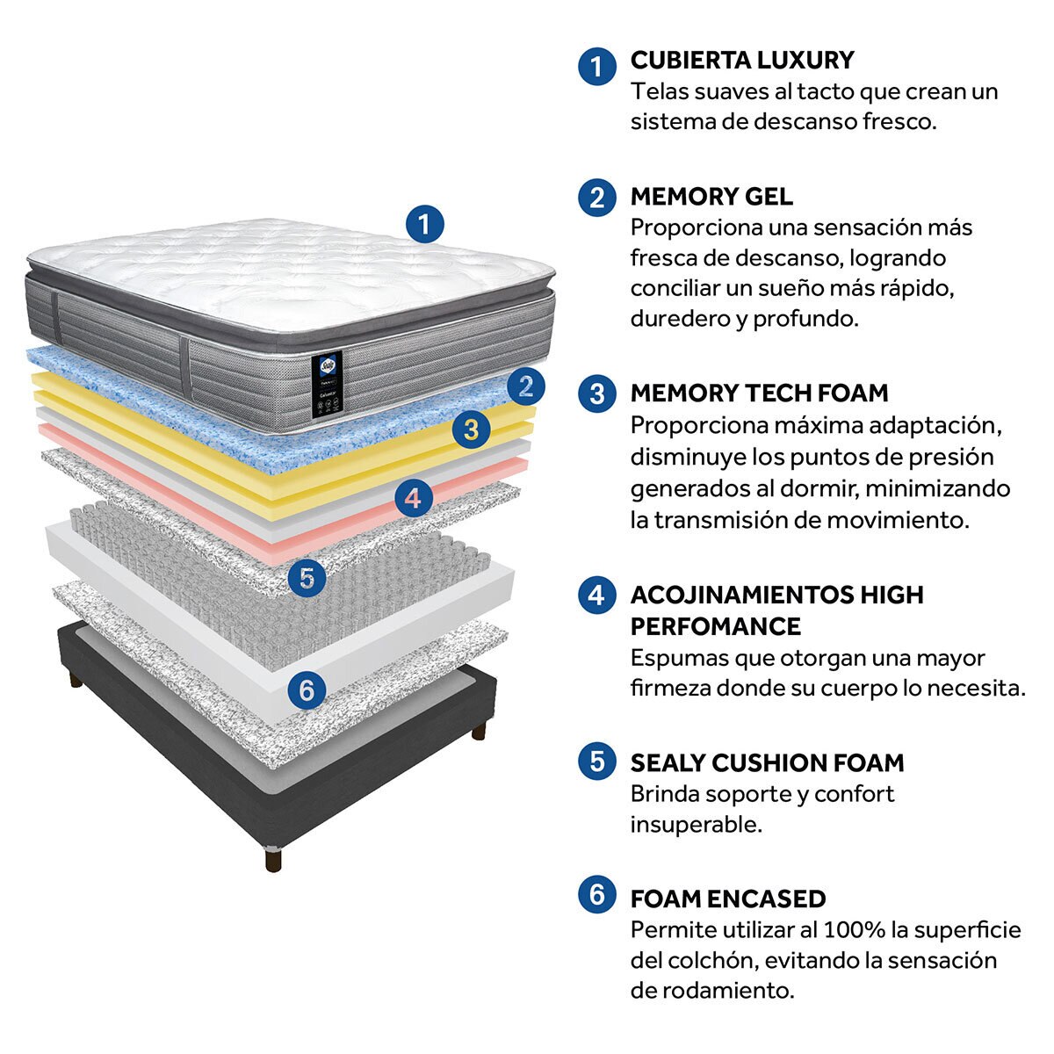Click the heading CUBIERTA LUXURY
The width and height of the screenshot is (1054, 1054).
(x=742, y=61)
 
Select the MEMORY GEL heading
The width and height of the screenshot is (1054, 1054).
(x=711, y=196)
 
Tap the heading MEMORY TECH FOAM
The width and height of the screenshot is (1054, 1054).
(x=759, y=393)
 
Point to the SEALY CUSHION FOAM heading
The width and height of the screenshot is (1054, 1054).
(x=767, y=762)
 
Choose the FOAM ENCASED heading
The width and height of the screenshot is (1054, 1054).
(x=728, y=899)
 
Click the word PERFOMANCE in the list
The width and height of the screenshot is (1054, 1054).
(x=716, y=626)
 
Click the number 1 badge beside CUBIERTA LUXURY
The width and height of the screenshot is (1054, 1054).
(x=597, y=65)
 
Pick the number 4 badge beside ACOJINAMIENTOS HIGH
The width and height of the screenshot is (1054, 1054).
(x=597, y=595)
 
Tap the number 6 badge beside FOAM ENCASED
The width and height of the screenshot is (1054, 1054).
(x=597, y=896)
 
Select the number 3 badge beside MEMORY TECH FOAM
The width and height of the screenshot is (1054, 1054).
(x=597, y=393)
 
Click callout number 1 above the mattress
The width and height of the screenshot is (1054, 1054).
(x=425, y=225)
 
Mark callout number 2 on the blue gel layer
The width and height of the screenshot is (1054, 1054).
(x=526, y=386)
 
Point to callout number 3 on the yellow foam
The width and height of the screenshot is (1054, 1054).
(x=472, y=430)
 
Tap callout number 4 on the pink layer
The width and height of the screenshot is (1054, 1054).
(x=414, y=499)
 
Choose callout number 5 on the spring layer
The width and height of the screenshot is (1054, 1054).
(x=307, y=577)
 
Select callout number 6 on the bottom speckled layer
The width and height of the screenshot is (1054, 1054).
(x=307, y=690)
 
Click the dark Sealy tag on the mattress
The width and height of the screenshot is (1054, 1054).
(x=325, y=384)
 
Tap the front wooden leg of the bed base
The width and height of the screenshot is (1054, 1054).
(x=273, y=858)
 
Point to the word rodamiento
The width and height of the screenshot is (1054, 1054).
(x=722, y=991)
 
